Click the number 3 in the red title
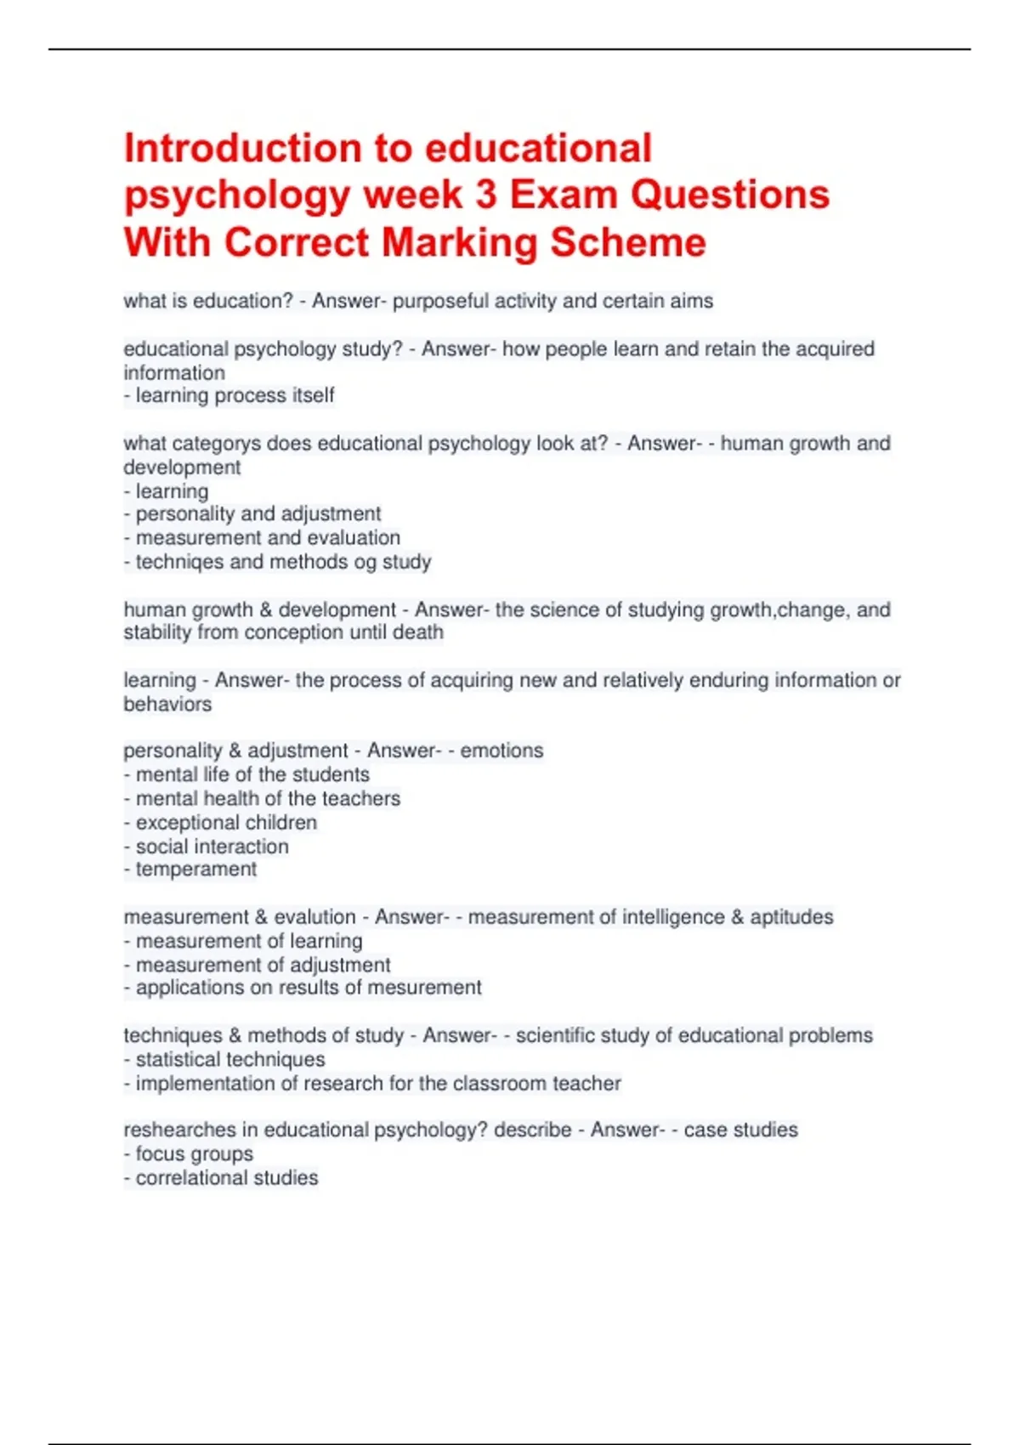[486, 195]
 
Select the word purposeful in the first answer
[440, 301]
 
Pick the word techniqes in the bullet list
[173, 562]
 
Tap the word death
[417, 632]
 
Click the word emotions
[501, 751]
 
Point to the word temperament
[196, 870]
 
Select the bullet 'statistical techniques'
[230, 1060]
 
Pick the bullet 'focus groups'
[194, 1154]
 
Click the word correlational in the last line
[191, 1178]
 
